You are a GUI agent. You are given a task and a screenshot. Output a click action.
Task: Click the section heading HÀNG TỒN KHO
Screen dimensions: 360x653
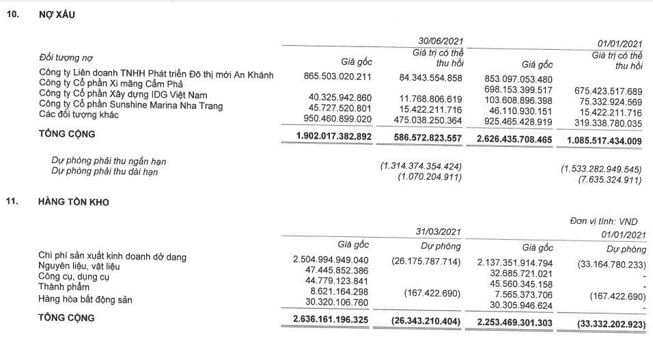click(x=74, y=202)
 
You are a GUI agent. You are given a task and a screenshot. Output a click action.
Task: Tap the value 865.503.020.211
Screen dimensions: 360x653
click(x=339, y=78)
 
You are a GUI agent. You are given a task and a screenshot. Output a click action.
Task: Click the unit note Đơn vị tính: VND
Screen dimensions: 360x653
click(x=606, y=222)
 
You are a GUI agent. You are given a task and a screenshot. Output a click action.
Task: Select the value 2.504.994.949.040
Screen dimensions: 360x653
click(x=331, y=260)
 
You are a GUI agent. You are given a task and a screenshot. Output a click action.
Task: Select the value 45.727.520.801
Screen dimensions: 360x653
click(x=339, y=107)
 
